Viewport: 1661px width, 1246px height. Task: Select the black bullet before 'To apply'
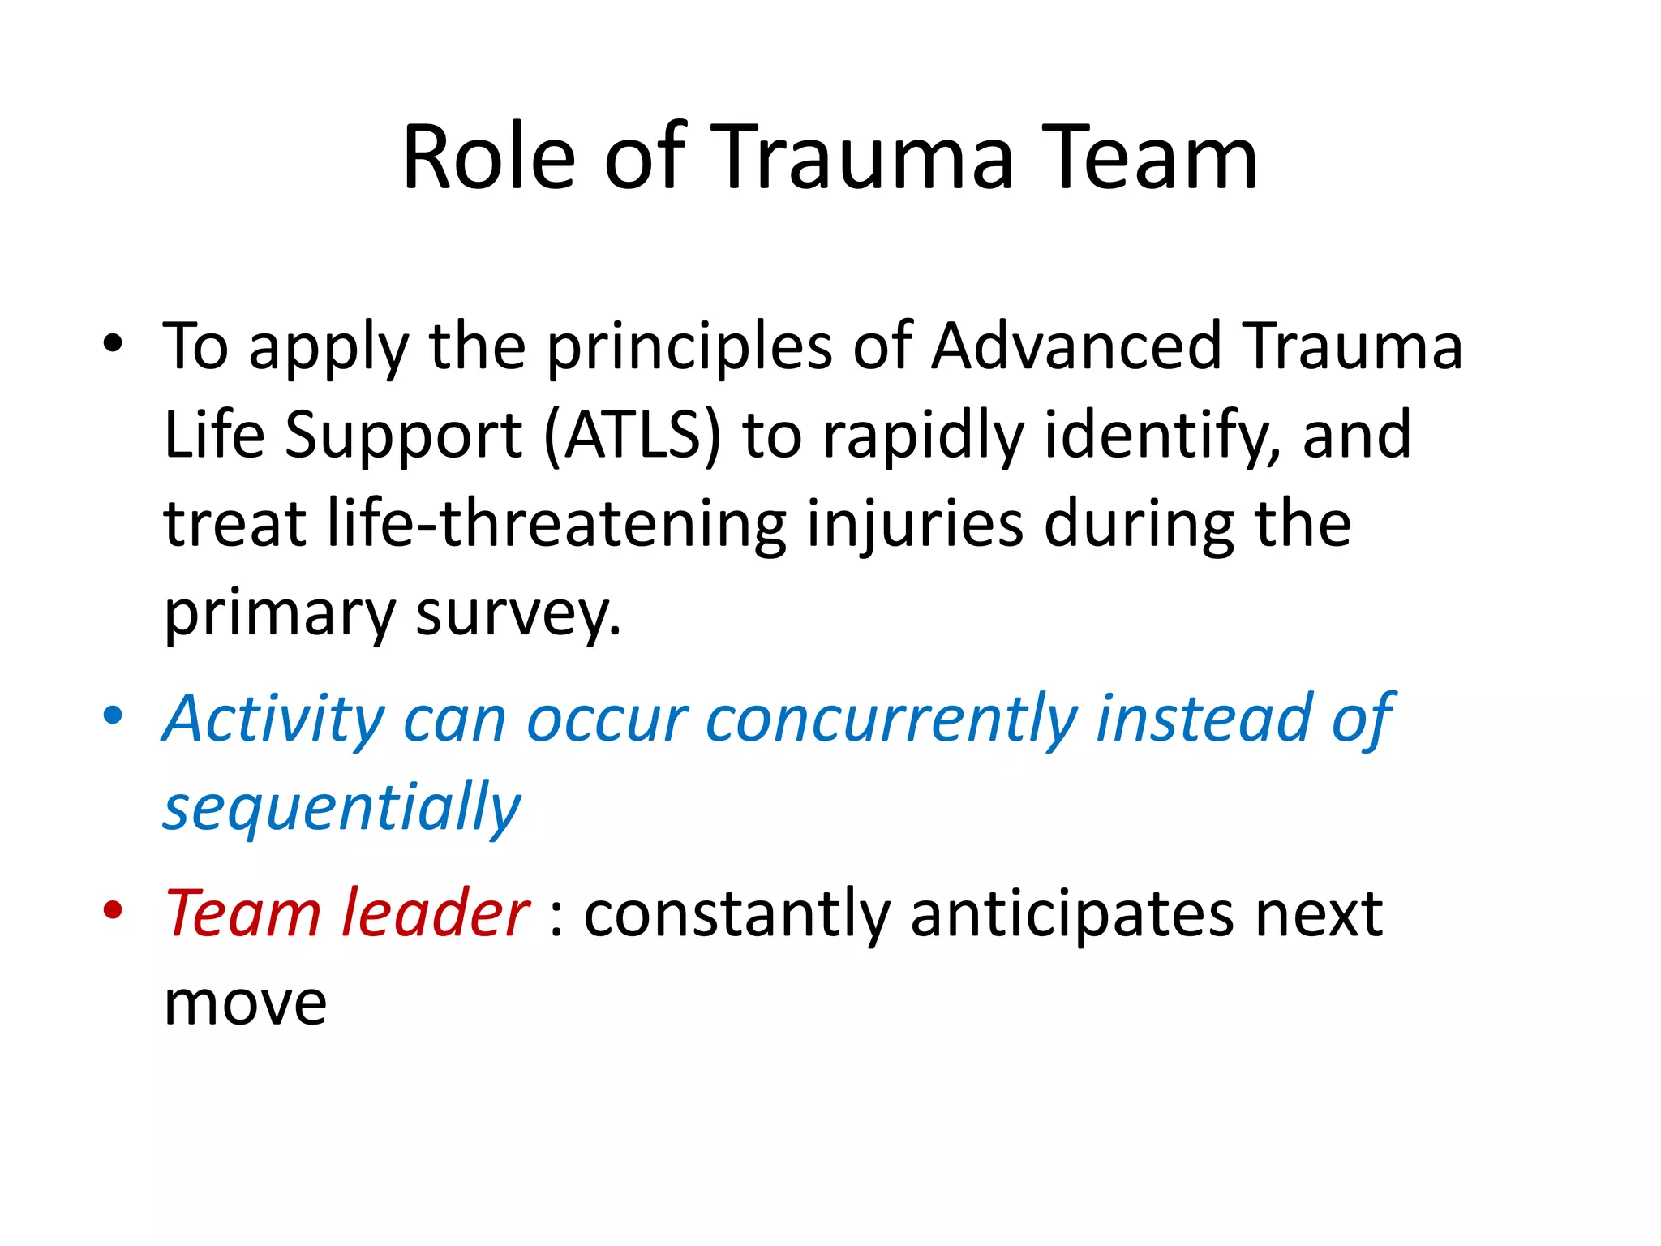[113, 344]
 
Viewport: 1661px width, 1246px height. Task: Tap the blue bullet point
[113, 716]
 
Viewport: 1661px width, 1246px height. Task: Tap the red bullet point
[113, 910]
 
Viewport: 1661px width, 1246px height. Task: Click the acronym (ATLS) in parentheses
[632, 435]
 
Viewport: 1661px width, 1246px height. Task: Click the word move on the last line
[245, 1004]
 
